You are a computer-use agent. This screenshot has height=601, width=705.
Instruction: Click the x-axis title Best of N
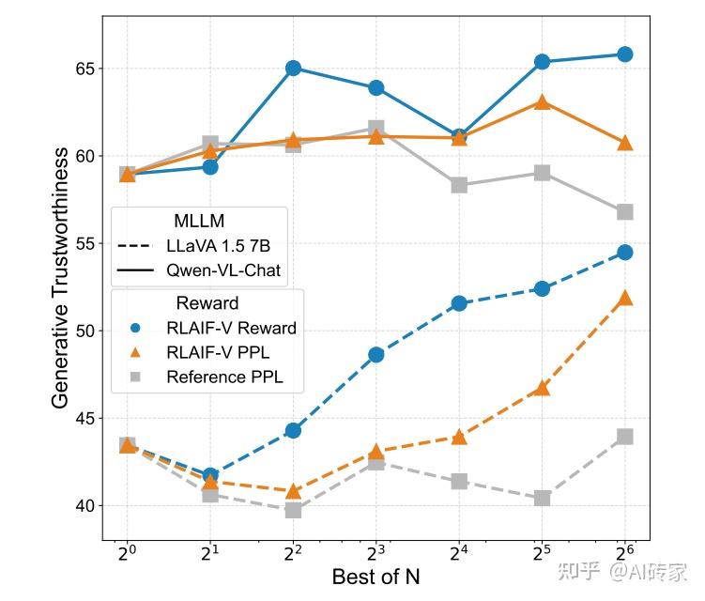tap(375, 576)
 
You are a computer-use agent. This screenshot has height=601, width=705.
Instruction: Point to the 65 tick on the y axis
tap(86, 69)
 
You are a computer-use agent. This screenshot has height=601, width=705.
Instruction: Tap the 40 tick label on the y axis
tap(86, 505)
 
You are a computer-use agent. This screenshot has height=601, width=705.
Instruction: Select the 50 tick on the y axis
tap(86, 331)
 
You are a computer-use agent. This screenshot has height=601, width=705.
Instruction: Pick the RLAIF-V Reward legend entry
tap(231, 328)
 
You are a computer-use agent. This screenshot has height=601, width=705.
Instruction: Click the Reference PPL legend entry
tap(224, 378)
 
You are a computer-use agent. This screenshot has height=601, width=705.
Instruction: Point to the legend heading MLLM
tap(199, 222)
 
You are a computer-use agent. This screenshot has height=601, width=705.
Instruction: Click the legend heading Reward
tap(207, 303)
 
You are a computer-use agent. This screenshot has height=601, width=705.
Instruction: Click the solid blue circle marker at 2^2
tap(293, 68)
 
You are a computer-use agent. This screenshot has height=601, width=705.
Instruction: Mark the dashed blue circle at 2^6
tap(624, 252)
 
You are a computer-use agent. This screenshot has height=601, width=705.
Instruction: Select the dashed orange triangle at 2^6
tap(624, 299)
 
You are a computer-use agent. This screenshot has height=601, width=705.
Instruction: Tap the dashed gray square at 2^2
tap(293, 510)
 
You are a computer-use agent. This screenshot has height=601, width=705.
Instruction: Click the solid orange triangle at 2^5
tap(542, 101)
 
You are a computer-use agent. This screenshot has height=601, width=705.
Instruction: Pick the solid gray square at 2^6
tap(624, 211)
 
